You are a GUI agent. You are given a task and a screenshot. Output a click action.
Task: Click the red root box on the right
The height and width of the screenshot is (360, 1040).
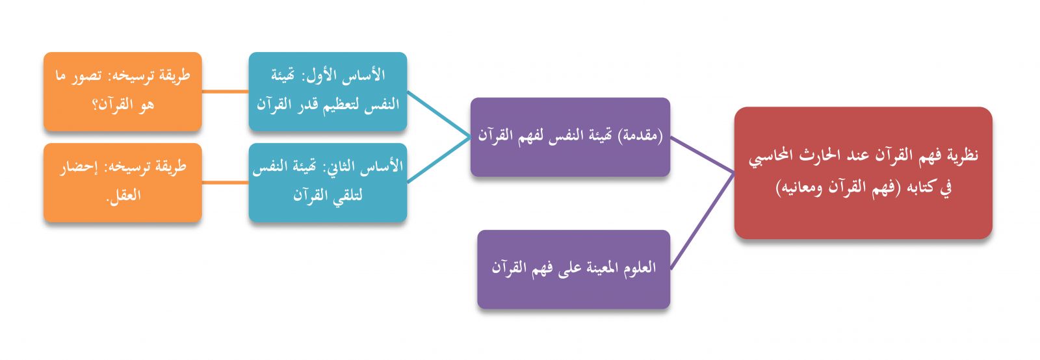(863, 173)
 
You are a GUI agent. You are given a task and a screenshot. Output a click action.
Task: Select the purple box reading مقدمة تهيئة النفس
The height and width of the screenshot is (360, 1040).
(570, 137)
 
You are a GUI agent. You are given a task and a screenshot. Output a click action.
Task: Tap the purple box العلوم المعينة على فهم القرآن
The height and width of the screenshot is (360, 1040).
(574, 269)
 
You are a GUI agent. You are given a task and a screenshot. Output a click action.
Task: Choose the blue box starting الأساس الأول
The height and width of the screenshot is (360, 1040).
(328, 92)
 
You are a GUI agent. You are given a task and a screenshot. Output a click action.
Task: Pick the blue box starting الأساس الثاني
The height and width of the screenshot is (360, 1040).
(328, 183)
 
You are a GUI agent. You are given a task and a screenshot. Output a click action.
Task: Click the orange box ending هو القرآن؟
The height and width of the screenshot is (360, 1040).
(123, 92)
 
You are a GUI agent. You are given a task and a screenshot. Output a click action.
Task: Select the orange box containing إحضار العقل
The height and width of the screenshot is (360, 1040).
(123, 183)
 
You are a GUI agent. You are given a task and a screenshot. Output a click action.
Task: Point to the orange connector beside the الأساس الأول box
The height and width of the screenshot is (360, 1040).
(225, 92)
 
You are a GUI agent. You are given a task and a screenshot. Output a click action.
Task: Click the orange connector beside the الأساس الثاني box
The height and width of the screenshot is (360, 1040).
(225, 183)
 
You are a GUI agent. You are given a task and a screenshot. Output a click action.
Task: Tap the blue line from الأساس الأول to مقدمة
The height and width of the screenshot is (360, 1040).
(439, 114)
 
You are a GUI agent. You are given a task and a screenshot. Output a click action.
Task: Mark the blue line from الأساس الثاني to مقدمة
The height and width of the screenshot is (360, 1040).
(439, 160)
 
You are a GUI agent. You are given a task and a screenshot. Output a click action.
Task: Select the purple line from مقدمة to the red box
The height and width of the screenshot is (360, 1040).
(703, 155)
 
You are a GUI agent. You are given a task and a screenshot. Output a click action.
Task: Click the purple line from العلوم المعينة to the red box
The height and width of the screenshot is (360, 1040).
(703, 220)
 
